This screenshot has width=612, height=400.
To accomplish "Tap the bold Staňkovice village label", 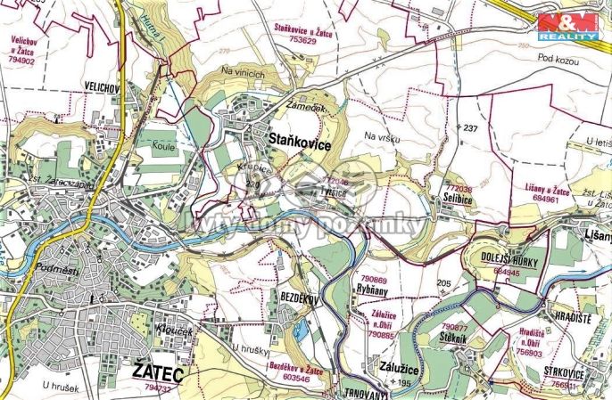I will [x=300, y=143].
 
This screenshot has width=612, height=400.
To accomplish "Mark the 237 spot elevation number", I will [x=471, y=128].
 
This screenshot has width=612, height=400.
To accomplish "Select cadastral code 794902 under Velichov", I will [x=29, y=61].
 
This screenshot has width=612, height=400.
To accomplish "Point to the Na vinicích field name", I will [x=244, y=74].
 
